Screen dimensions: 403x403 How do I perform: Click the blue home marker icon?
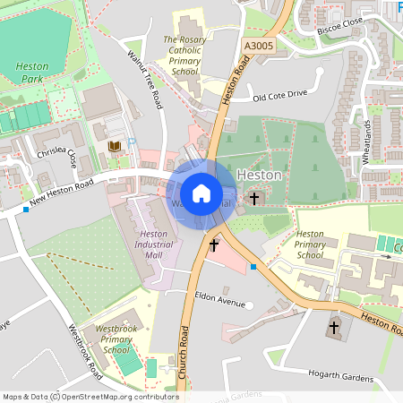pos(201,193)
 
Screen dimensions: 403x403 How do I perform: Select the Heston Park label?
pos(34,73)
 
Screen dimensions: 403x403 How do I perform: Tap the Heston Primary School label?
pos(310,244)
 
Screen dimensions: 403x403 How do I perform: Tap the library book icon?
pos(114,146)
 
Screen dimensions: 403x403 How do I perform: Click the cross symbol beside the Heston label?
pos(254,197)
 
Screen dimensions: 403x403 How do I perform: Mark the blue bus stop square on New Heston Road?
pos(26,210)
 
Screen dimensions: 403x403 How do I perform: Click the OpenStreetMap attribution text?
pos(90,397)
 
